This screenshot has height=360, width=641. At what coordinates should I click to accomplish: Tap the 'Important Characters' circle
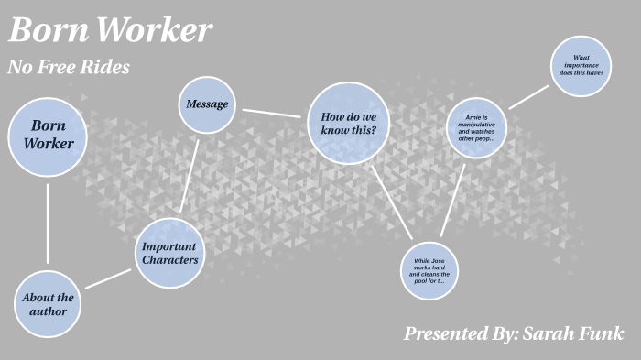pyautogui.click(x=169, y=253)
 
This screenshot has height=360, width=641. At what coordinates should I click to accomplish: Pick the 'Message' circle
pyautogui.click(x=207, y=104)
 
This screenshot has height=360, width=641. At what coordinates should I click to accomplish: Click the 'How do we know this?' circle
pyautogui.click(x=348, y=124)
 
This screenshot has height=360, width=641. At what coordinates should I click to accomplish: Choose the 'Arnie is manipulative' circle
pyautogui.click(x=476, y=128)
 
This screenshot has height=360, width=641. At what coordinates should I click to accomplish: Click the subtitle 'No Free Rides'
pyautogui.click(x=69, y=67)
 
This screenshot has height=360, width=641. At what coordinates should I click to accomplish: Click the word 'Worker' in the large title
pyautogui.click(x=154, y=31)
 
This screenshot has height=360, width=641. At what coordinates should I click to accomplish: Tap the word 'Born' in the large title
pyautogui.click(x=48, y=31)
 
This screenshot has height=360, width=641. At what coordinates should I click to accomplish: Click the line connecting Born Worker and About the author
pyautogui.click(x=48, y=224)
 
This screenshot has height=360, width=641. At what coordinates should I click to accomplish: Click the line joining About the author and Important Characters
pyautogui.click(x=108, y=278)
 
